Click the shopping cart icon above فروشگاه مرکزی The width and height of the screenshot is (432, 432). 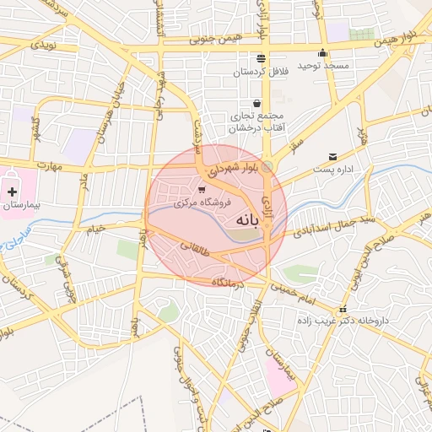[x=202, y=189]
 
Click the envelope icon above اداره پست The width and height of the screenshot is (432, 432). [x=332, y=156]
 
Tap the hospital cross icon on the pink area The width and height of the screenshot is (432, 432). [x=11, y=192]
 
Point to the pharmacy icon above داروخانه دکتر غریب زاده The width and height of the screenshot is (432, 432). [x=342, y=310]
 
